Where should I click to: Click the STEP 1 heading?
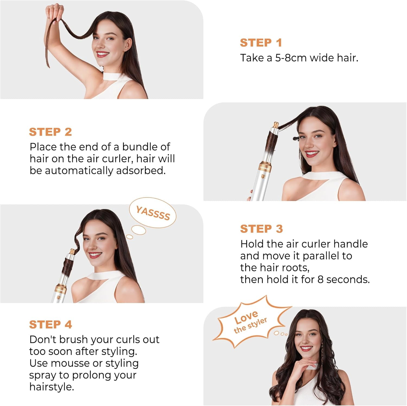(261, 43)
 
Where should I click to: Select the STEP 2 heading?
(50, 132)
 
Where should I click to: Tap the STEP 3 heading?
(261, 229)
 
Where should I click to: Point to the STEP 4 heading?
(50, 325)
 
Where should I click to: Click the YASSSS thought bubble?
(153, 213)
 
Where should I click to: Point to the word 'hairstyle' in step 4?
(51, 387)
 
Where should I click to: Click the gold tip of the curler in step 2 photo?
(276, 126)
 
